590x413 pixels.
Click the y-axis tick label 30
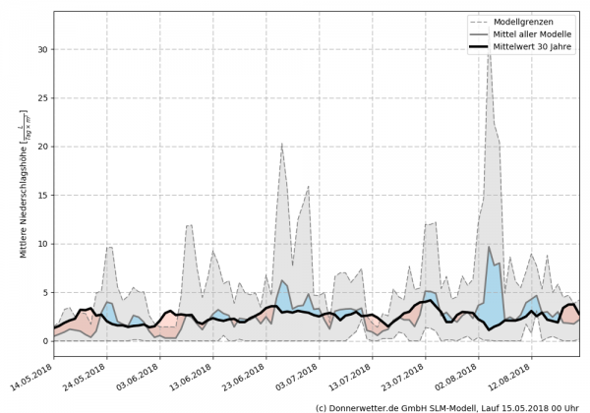[41, 48]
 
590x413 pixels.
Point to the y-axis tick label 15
[41, 195]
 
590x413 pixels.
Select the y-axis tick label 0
[44, 341]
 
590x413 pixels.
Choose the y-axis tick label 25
[41, 97]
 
